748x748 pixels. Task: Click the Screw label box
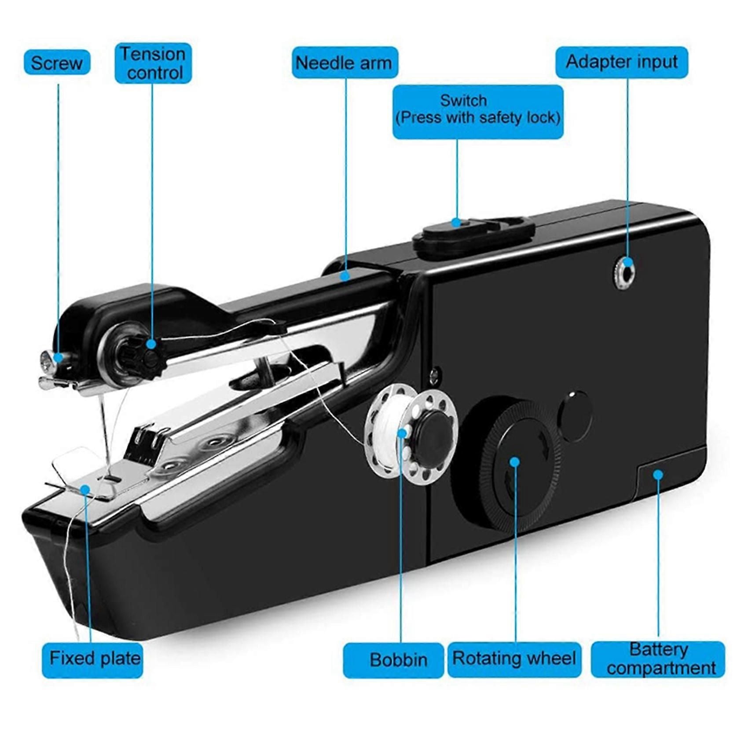point(57,62)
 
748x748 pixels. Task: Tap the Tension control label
point(153,63)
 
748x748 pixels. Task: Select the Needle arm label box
point(345,62)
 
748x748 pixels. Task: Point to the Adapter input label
point(622,62)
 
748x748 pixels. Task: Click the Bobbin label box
point(393,660)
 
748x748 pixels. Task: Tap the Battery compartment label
point(658,659)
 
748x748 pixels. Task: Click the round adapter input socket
point(624,268)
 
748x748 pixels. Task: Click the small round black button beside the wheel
point(574,416)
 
